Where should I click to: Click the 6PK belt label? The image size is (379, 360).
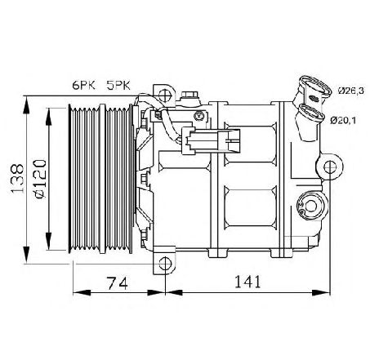click(x=84, y=85)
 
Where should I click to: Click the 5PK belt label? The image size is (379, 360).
click(x=118, y=85)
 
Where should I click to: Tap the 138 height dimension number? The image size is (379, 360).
click(x=17, y=178)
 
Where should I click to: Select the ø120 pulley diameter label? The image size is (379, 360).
click(x=40, y=179)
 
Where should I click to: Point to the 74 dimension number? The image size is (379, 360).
click(x=117, y=283)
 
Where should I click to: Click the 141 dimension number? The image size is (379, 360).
click(x=247, y=282)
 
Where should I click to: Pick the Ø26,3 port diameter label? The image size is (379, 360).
click(x=351, y=91)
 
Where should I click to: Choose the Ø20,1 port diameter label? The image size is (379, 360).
click(x=343, y=120)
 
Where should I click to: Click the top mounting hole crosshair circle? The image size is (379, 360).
click(x=165, y=95)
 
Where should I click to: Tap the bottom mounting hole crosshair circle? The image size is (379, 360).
click(x=165, y=264)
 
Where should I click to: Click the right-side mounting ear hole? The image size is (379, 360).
click(x=330, y=167)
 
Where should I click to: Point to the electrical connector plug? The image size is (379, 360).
click(x=211, y=140)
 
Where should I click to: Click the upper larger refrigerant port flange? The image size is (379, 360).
click(x=315, y=87)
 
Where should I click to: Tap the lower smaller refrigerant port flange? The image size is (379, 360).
click(x=312, y=113)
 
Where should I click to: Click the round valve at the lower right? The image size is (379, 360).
click(x=311, y=206)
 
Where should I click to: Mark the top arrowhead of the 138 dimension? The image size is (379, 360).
click(x=26, y=105)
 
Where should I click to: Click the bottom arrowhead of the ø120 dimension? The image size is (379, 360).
click(x=49, y=242)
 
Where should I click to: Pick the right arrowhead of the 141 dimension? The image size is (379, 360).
click(x=321, y=293)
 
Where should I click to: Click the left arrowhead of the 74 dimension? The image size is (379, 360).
click(x=82, y=293)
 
